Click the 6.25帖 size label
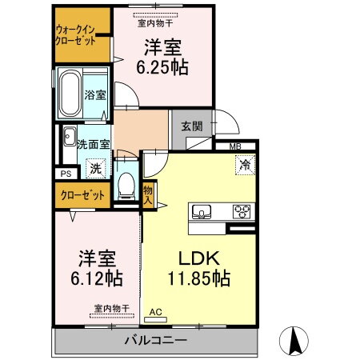coord(166,67)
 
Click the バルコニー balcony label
coord(155,341)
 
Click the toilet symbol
coord(125,186)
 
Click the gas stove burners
coord(240,211)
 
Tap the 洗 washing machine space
coord(94,169)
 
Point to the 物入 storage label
coord(148,194)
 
